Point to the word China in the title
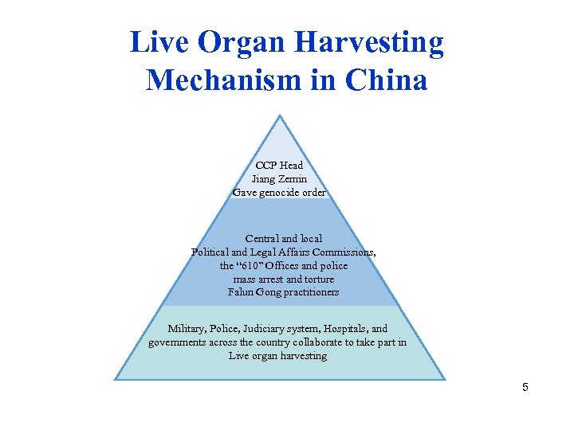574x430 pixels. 387,80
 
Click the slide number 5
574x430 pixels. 525,388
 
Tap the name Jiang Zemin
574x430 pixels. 279,179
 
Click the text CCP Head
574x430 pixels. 279,166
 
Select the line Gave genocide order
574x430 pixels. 279,193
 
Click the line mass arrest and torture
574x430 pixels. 284,279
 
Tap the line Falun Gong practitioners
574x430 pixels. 283,292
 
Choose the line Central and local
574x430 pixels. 284,239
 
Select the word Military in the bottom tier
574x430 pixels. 189,329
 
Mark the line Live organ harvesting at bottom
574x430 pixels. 277,356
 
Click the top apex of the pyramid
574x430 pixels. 280,116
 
